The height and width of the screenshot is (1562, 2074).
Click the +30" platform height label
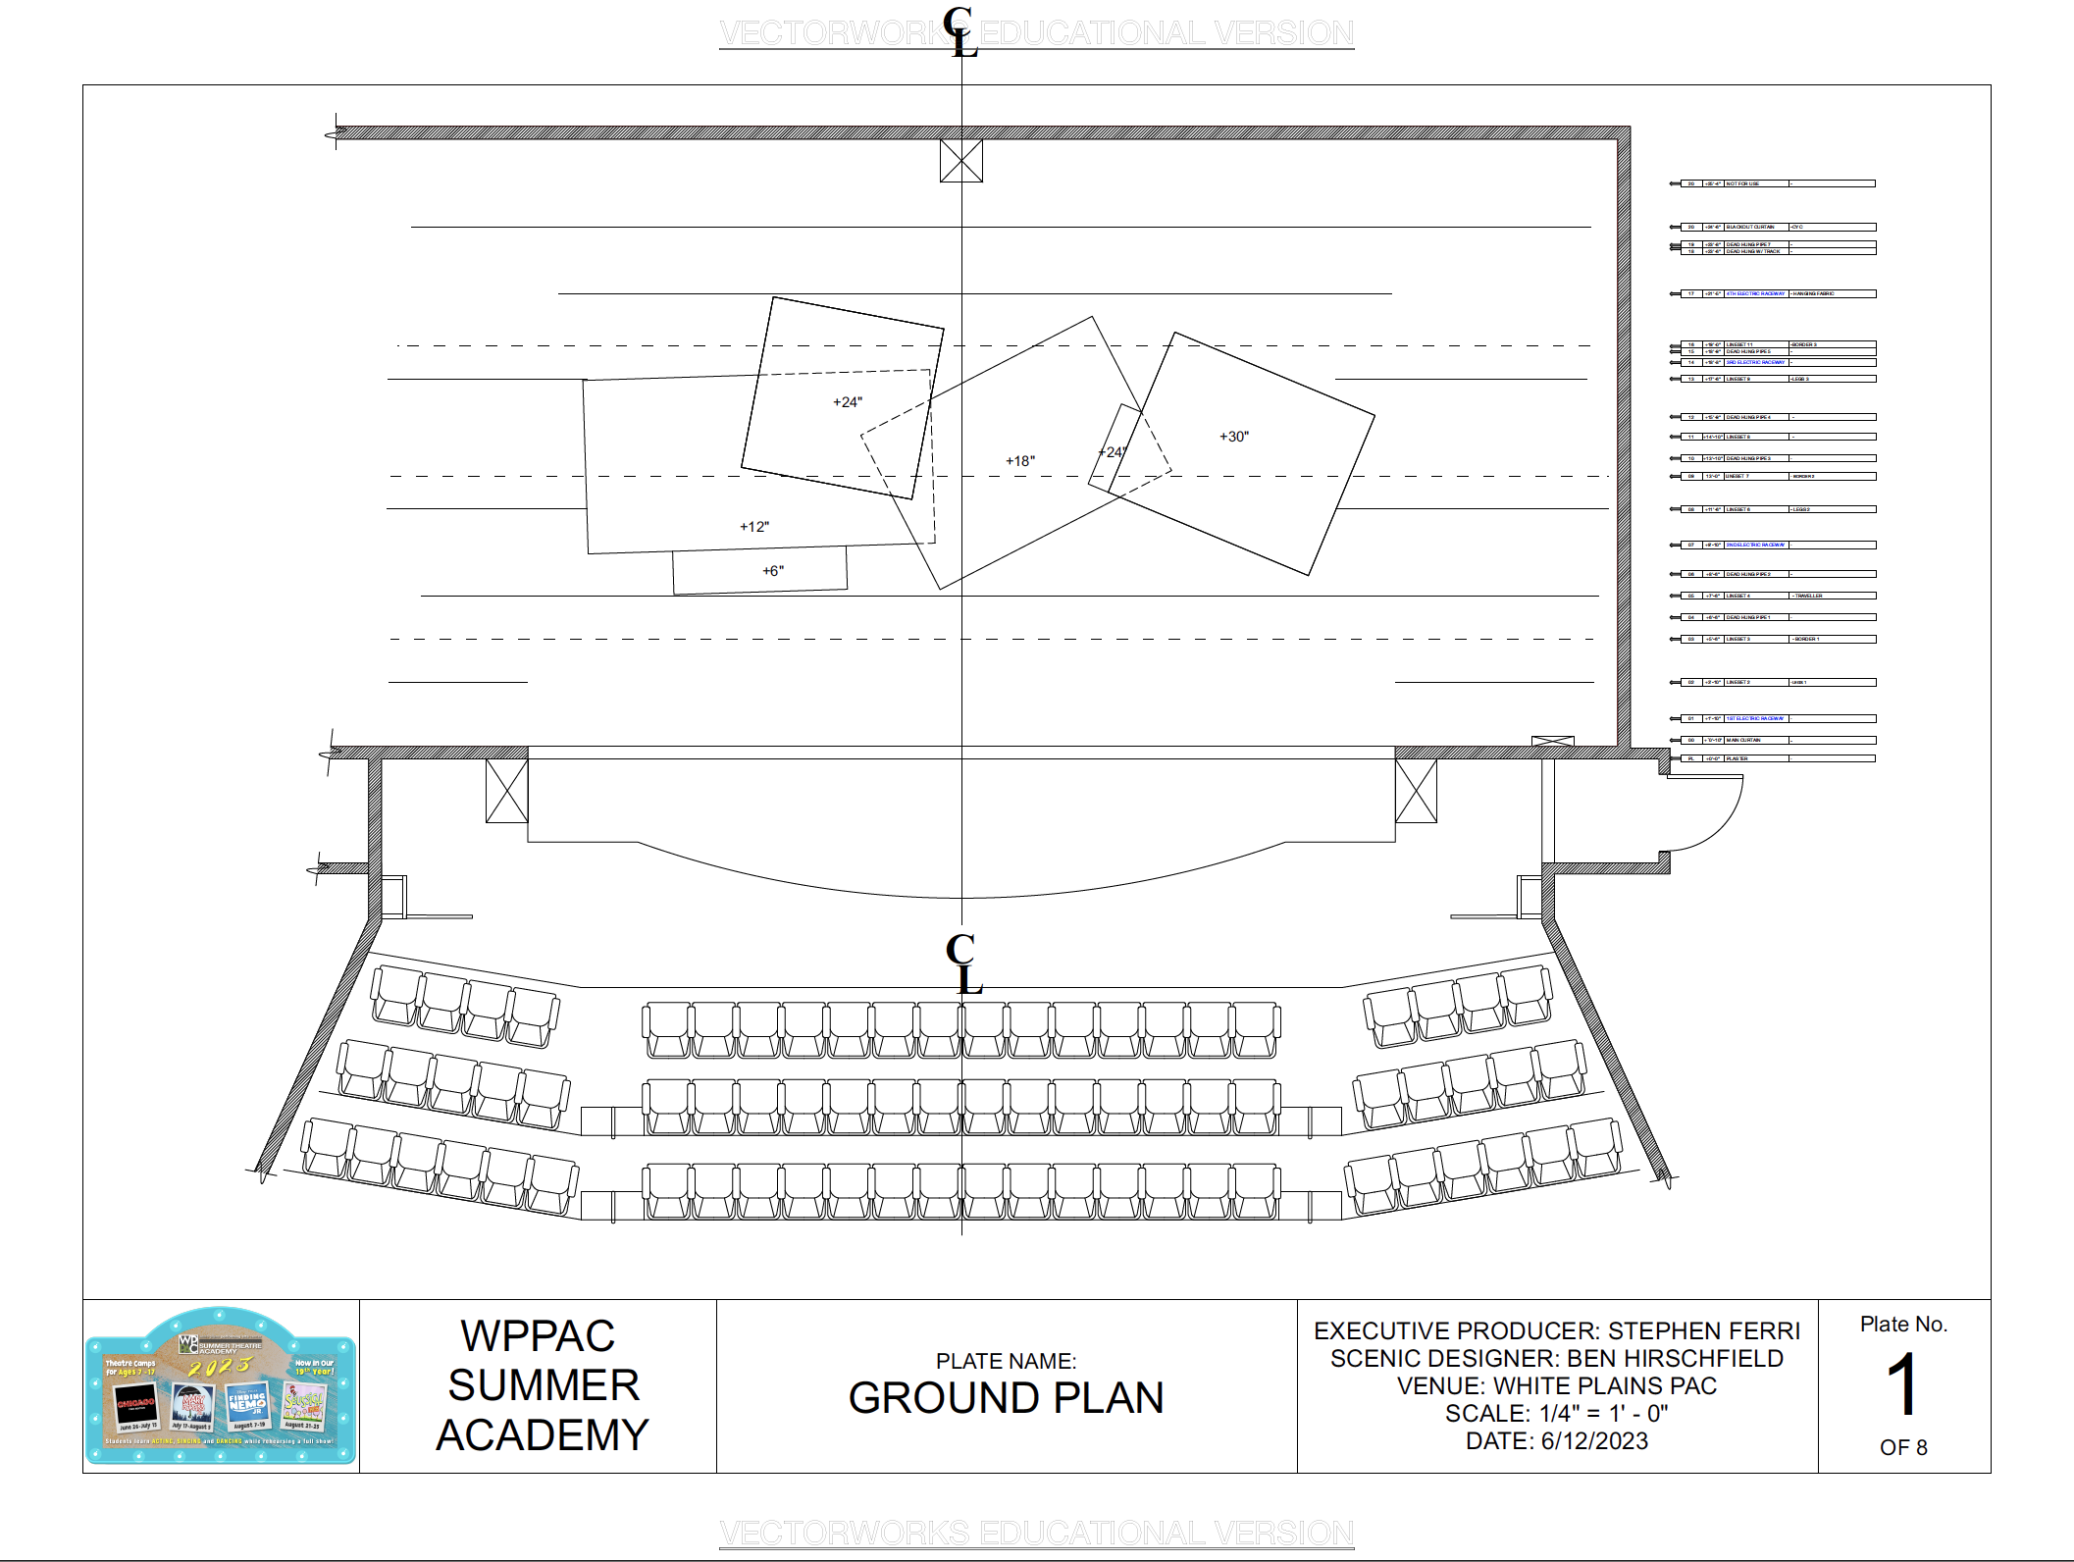click(x=1233, y=437)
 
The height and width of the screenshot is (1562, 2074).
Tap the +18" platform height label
click(x=1019, y=461)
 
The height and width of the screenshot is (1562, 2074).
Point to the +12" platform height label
click(x=753, y=527)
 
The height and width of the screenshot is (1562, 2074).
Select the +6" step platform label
click(x=772, y=571)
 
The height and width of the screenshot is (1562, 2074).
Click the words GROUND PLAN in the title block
click(x=1006, y=1398)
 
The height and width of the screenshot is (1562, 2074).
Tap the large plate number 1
click(x=1901, y=1384)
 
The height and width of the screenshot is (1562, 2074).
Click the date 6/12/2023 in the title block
click(x=1594, y=1440)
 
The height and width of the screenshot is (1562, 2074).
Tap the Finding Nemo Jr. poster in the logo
click(x=247, y=1404)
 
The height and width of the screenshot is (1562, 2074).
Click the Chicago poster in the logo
click(x=136, y=1404)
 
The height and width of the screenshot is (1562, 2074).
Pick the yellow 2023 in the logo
click(x=220, y=1367)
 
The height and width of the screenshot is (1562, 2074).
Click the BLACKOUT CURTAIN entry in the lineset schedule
click(x=1750, y=227)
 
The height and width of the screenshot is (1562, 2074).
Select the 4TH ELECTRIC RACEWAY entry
click(x=1755, y=293)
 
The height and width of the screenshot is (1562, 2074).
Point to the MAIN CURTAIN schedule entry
click(x=1743, y=740)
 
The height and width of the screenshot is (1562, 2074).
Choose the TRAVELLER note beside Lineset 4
click(x=1808, y=596)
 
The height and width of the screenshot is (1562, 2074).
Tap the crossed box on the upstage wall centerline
click(x=960, y=160)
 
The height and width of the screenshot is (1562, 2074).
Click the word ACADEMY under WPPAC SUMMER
click(x=542, y=1434)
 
